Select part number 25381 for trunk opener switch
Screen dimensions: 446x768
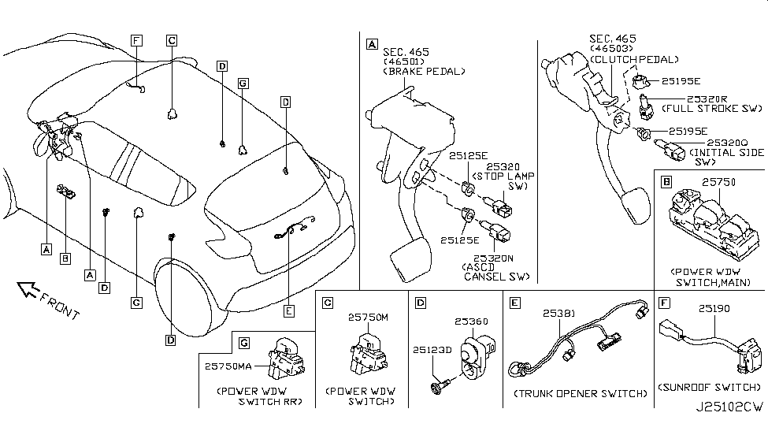pyautogui.click(x=558, y=313)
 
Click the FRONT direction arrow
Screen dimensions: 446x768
pyautogui.click(x=32, y=293)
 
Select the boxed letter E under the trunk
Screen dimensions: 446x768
pyautogui.click(x=289, y=311)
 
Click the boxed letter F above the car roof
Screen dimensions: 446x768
pyautogui.click(x=136, y=39)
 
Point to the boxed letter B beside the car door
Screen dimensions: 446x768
pyautogui.click(x=65, y=258)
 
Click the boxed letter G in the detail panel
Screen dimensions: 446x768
pyautogui.click(x=244, y=343)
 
